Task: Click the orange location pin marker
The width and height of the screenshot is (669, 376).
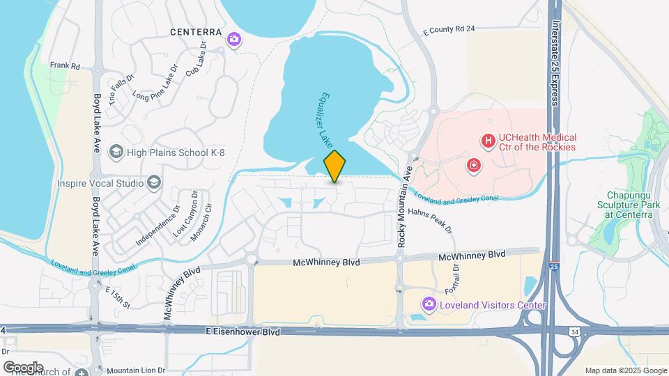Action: click(x=335, y=166)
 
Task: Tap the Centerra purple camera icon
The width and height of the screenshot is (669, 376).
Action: click(x=236, y=39)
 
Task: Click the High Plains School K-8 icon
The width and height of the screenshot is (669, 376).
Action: click(x=116, y=152)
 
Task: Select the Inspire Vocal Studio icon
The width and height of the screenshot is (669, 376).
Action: click(x=154, y=183)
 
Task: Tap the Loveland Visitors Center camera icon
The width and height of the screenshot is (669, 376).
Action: click(x=429, y=304)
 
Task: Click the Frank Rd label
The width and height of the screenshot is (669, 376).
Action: click(x=65, y=66)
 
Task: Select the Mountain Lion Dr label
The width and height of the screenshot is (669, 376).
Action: click(x=136, y=370)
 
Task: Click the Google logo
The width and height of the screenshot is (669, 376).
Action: click(x=23, y=367)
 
